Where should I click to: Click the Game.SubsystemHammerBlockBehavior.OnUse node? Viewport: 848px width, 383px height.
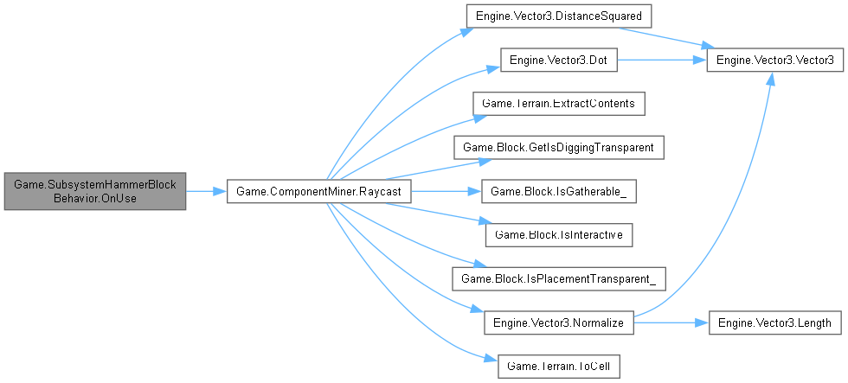coord(94,191)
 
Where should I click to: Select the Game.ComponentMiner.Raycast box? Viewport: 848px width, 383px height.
coord(318,191)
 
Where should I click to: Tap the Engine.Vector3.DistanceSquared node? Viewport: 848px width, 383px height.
coord(558,17)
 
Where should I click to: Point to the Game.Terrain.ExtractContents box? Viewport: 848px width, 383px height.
coord(558,104)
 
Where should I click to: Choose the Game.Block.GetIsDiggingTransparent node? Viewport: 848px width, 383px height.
coord(558,148)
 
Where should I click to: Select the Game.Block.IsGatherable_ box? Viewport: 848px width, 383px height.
coord(558,191)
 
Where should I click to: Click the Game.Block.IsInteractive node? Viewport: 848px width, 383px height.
coord(558,234)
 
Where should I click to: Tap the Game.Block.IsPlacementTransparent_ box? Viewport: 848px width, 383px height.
coord(558,278)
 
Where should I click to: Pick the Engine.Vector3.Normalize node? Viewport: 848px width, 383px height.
coord(558,322)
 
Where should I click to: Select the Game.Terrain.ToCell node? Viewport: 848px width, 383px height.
coord(558,365)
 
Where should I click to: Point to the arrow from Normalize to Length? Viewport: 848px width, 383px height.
coord(671,322)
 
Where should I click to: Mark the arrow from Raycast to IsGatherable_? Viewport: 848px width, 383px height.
coord(441,191)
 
